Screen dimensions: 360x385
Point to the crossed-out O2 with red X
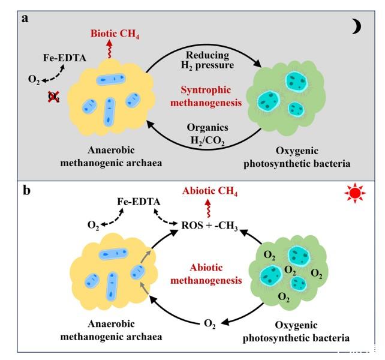pos(53,96)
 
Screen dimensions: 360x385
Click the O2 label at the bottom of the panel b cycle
pos(206,325)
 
